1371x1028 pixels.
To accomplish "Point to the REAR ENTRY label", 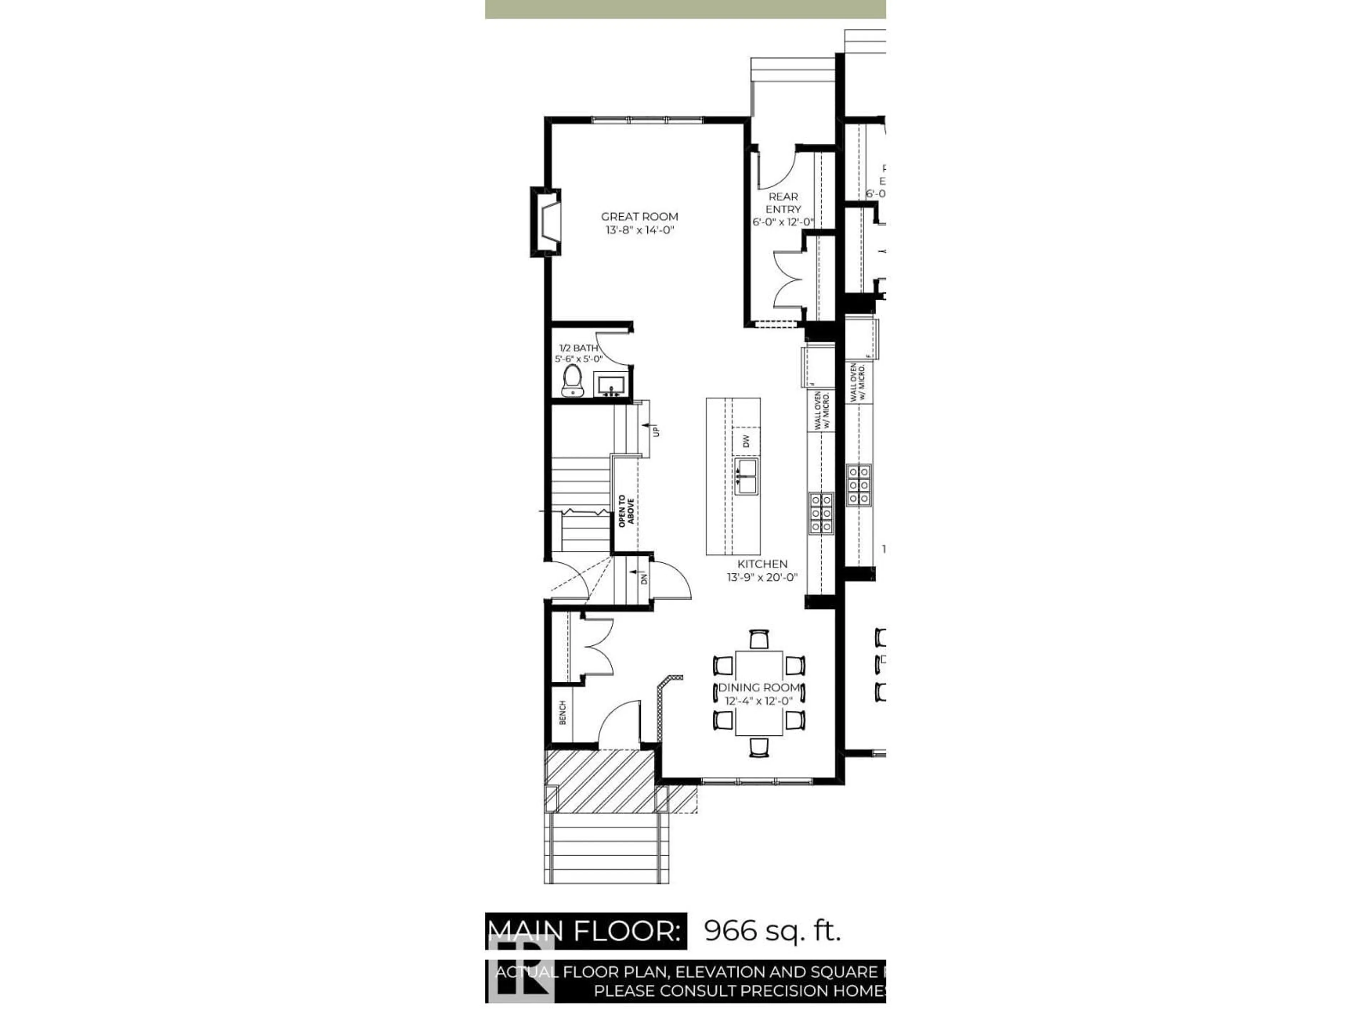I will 783,203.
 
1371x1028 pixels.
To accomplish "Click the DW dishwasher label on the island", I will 746,441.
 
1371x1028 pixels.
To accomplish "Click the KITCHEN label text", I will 762,564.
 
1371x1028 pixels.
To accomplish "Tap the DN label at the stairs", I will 644,578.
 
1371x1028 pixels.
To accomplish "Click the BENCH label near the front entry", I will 562,712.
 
